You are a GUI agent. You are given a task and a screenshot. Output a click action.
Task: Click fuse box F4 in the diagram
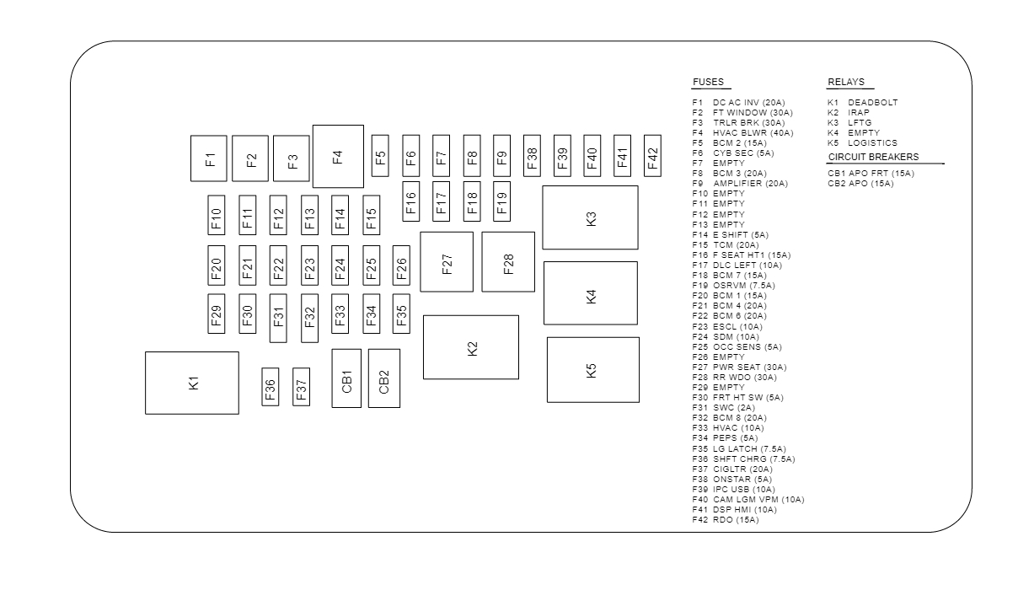coord(337,156)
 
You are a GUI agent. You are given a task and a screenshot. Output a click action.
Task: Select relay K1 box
coord(192,383)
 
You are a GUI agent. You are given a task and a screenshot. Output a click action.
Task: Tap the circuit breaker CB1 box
coord(346,378)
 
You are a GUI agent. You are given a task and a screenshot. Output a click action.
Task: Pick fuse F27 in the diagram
coord(447,262)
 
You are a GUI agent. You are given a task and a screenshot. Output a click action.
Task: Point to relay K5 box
coord(592,369)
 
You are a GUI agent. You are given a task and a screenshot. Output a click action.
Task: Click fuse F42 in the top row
coord(653,155)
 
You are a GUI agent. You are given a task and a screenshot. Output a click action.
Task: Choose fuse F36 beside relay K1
coord(270,386)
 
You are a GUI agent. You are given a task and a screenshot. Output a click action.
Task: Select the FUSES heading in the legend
coord(708,82)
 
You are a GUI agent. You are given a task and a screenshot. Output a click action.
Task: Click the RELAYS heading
coord(846,82)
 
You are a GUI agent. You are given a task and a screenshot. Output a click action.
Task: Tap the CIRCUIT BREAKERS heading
coord(873,157)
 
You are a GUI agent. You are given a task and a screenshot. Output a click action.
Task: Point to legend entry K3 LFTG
coord(849,122)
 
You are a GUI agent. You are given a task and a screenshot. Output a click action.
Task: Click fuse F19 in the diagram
coord(501,201)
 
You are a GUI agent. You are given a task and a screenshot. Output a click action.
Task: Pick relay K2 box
coord(471,347)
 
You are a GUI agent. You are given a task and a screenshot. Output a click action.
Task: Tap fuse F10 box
coord(217,215)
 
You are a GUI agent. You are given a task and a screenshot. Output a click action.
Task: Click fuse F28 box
coord(508,262)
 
